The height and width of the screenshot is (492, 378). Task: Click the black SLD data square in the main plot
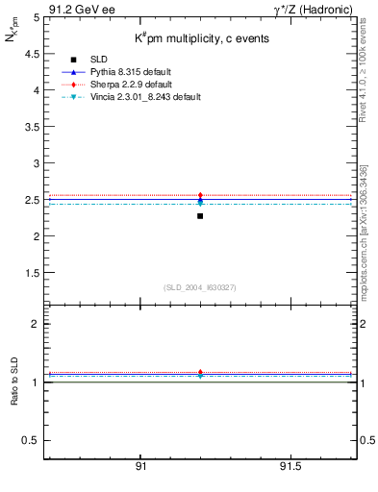coord(200,216)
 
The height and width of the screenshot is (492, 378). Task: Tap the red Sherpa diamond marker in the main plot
coord(200,196)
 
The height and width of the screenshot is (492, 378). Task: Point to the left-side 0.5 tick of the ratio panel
coord(34,440)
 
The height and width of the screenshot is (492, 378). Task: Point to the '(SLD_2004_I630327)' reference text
coord(200,287)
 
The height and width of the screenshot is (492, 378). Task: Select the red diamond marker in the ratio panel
coord(200,372)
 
